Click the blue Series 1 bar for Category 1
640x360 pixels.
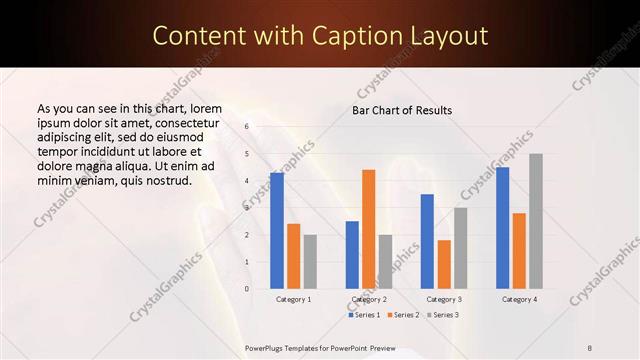277,231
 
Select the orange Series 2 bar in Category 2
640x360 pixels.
369,229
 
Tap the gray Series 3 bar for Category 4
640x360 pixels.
536,221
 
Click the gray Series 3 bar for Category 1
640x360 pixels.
310,262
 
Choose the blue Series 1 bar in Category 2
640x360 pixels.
352,255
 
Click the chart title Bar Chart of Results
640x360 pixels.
402,110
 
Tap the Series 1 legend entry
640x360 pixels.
364,315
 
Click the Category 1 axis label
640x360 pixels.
293,299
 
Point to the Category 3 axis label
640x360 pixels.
444,299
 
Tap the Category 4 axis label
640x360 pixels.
519,299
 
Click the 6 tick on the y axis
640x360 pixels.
246,128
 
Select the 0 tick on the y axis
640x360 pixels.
246,289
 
